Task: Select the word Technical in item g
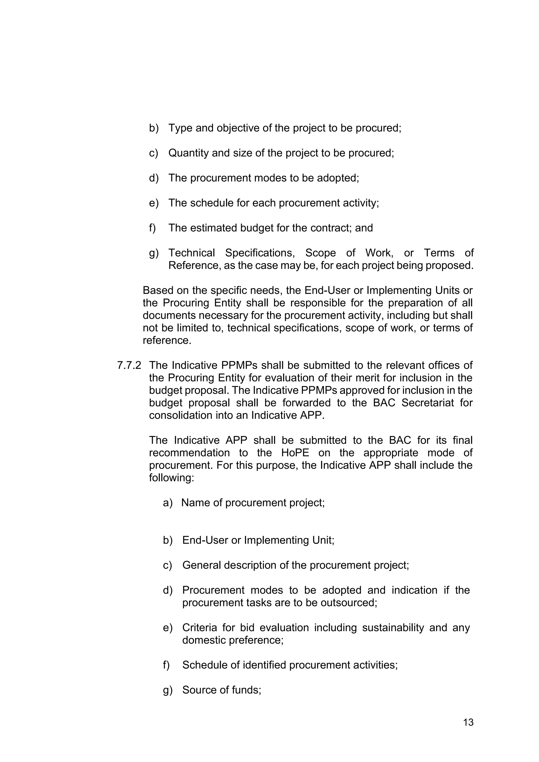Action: (192, 253)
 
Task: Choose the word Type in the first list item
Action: (180, 128)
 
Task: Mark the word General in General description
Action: (201, 565)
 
